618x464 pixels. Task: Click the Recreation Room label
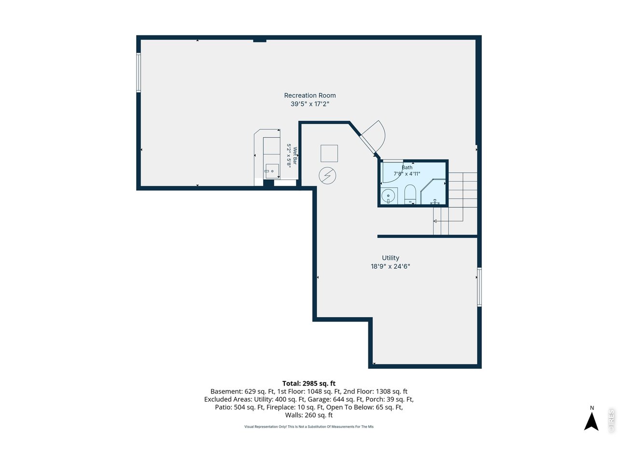tap(309, 96)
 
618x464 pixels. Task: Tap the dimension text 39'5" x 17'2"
tap(309, 104)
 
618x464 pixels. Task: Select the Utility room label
tap(390, 258)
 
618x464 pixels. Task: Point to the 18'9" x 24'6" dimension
tap(390, 266)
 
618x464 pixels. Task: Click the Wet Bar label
tap(295, 156)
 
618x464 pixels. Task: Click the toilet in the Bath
tap(410, 194)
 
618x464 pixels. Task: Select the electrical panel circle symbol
tap(327, 175)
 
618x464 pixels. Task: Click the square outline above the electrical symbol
tap(329, 153)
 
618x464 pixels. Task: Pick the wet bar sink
tap(271, 171)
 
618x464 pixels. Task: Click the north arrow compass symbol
tap(591, 421)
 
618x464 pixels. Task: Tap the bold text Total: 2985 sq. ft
tap(309, 383)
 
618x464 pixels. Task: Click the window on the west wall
tap(139, 72)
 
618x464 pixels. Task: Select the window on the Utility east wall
tap(479, 287)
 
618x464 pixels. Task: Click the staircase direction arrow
tap(448, 221)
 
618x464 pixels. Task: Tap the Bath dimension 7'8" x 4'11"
tap(407, 174)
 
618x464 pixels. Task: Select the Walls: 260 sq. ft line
tap(309, 415)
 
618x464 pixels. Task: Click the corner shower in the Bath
tap(433, 191)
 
